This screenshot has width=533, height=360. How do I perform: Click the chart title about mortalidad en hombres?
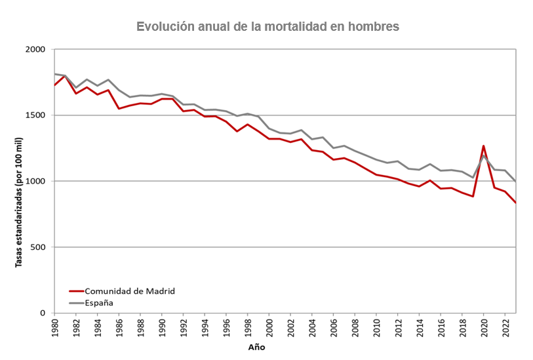[267, 27]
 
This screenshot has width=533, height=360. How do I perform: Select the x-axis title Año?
[257, 347]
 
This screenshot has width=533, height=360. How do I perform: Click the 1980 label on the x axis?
[54, 326]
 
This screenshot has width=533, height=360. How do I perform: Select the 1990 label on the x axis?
[162, 326]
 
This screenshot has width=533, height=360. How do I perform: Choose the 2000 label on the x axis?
[269, 326]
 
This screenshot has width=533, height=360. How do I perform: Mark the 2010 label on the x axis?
[376, 326]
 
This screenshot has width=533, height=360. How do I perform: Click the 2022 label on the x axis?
[505, 326]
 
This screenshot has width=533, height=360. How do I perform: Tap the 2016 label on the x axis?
[441, 326]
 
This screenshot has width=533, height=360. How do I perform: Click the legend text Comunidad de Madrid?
[130, 291]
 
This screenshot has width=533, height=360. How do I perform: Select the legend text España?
[99, 303]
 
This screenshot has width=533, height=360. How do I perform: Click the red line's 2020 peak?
[484, 146]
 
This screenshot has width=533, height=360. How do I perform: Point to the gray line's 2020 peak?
[484, 155]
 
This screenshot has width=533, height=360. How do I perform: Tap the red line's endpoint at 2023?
[515, 203]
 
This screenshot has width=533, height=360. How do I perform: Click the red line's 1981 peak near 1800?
[65, 76]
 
